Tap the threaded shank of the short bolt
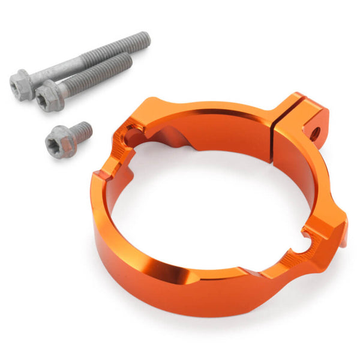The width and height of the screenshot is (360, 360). pyautogui.click(x=82, y=130)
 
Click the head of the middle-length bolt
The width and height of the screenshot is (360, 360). pyautogui.click(x=48, y=98)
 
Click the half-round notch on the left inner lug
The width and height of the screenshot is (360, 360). pyautogui.click(x=128, y=139)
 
